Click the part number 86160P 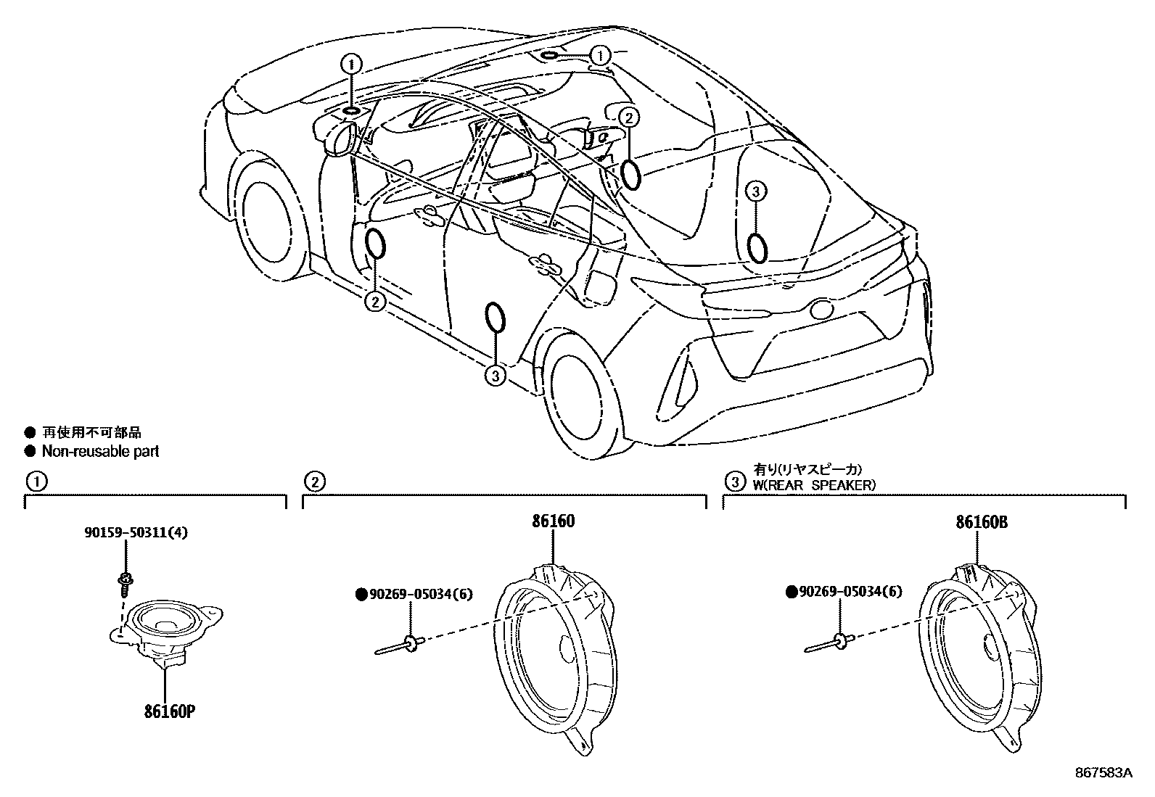pos(170,711)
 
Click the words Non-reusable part pos(100,452)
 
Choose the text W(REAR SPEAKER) pos(814,485)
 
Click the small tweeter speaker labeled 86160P pos(165,624)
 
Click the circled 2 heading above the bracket pos(313,481)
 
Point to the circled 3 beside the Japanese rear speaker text pos(735,481)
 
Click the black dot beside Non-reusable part pos(30,452)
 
